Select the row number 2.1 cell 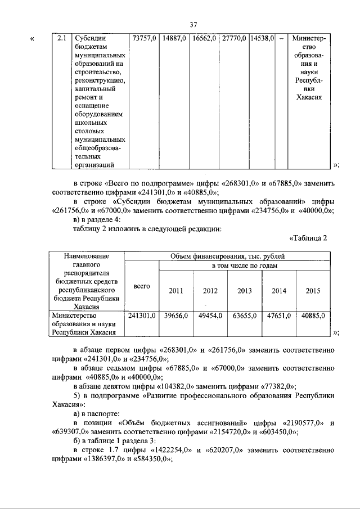point(61,38)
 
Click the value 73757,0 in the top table point(143,38)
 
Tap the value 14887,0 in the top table point(174,38)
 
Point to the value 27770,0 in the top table point(234,38)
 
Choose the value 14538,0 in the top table point(262,38)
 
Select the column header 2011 point(175,291)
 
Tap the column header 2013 point(244,291)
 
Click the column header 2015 point(313,291)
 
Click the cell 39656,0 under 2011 point(175,316)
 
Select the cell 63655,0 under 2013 point(244,316)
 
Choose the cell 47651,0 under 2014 point(279,316)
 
